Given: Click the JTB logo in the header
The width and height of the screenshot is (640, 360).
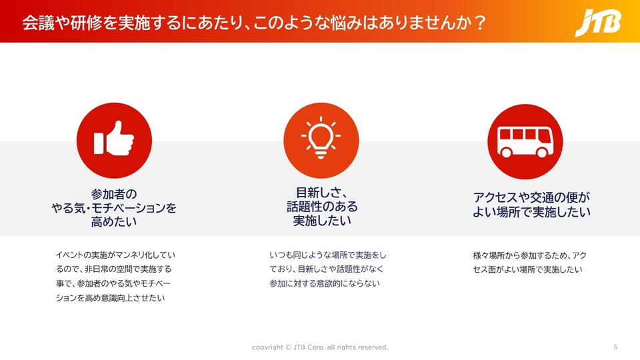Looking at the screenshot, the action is pyautogui.click(x=598, y=23).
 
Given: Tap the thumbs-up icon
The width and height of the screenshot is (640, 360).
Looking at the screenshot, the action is pyautogui.click(x=114, y=139).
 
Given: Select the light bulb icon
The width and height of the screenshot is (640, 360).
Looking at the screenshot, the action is pyautogui.click(x=321, y=137).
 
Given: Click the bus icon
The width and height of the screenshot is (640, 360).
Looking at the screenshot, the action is pyautogui.click(x=525, y=141).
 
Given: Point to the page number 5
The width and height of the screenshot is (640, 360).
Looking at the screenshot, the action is pyautogui.click(x=615, y=347).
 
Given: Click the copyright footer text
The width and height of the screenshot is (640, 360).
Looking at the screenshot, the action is pyautogui.click(x=320, y=347).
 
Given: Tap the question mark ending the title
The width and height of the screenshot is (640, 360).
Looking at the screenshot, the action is pyautogui.click(x=480, y=23).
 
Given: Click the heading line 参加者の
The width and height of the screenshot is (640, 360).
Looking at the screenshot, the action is pyautogui.click(x=114, y=194).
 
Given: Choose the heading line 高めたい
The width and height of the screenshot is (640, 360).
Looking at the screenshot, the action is pyautogui.click(x=114, y=221).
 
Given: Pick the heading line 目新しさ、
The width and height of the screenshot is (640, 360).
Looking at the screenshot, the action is pyautogui.click(x=321, y=193).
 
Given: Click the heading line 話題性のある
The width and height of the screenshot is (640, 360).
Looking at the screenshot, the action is pyautogui.click(x=322, y=207).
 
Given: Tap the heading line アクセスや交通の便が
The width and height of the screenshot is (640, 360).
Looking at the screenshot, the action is pyautogui.click(x=531, y=197).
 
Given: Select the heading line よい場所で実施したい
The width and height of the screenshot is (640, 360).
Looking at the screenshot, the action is pyautogui.click(x=531, y=212).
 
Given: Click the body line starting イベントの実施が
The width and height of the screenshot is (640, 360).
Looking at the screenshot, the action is pyautogui.click(x=115, y=255).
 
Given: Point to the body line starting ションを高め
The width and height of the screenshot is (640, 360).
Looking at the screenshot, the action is pyautogui.click(x=110, y=298).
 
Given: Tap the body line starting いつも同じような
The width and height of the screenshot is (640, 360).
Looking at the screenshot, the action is pyautogui.click(x=328, y=255).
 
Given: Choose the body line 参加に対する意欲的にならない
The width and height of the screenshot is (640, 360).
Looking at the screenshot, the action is pyautogui.click(x=325, y=283).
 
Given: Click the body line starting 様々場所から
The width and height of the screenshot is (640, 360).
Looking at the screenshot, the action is pyautogui.click(x=530, y=255).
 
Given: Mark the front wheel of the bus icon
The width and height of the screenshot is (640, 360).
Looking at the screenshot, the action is pyautogui.click(x=542, y=152).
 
